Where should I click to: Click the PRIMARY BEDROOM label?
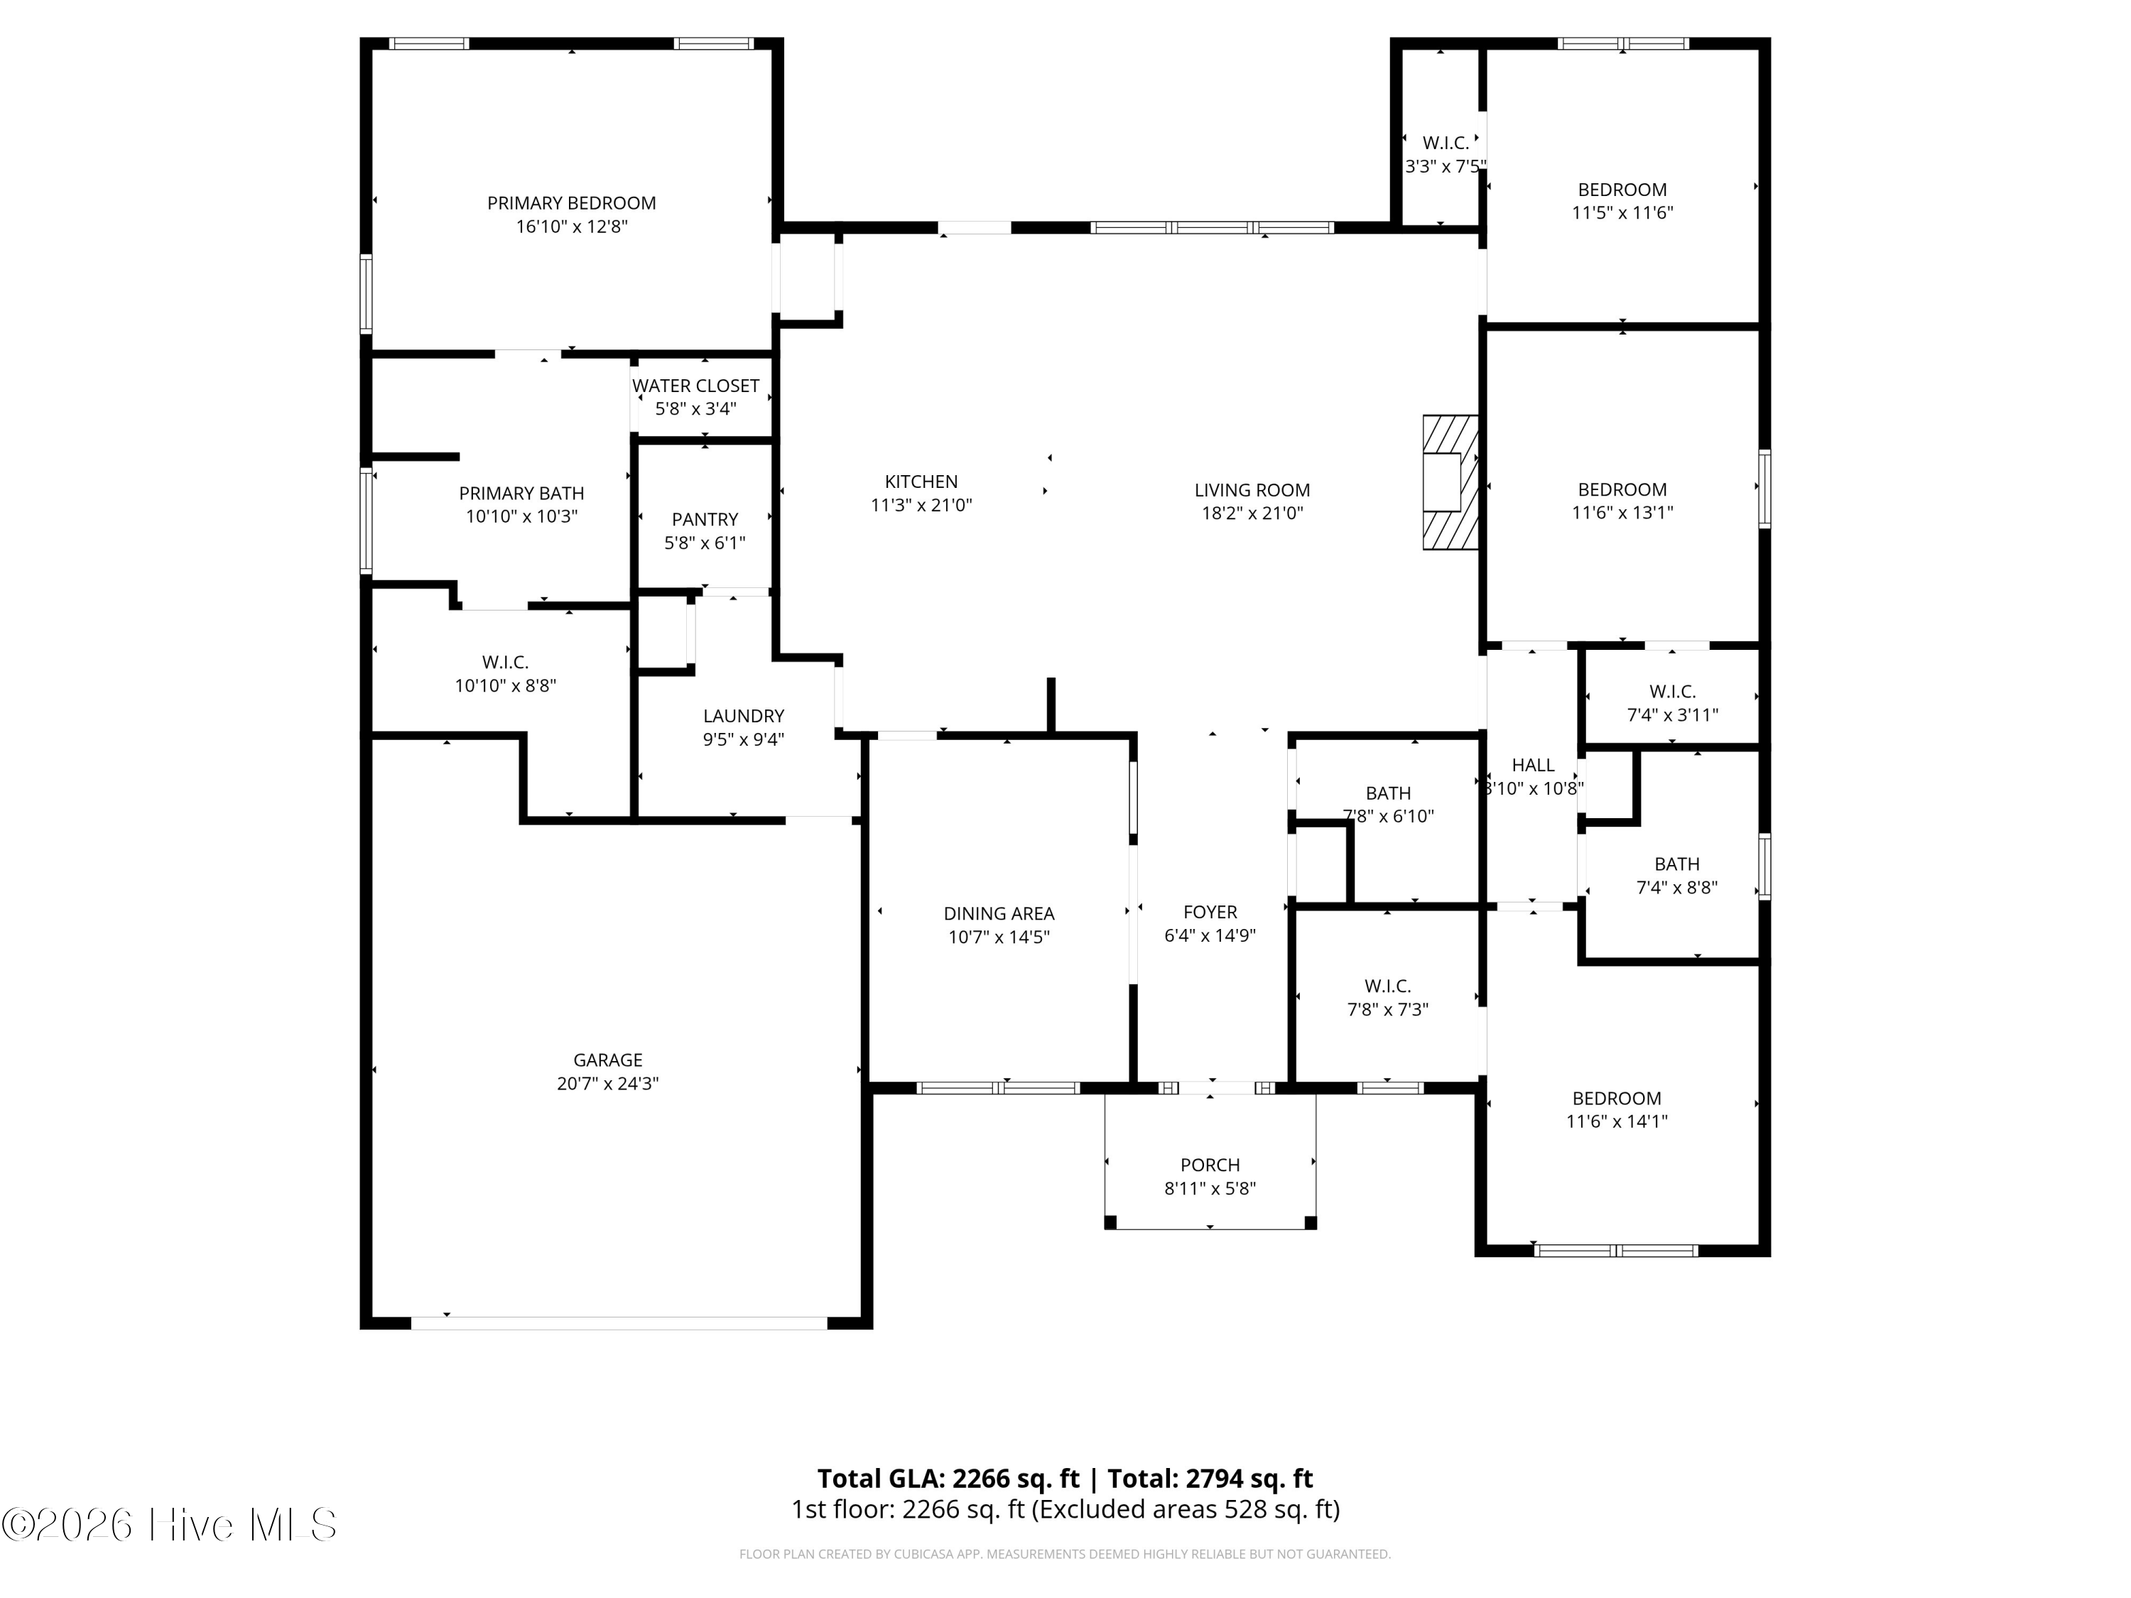click(571, 203)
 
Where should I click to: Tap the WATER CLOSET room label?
click(695, 385)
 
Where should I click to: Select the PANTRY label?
click(705, 519)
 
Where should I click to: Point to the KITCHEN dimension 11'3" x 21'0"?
click(922, 505)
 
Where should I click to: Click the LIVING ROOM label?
click(1252, 489)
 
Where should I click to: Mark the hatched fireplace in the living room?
click(1451, 482)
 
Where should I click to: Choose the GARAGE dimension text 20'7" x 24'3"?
click(608, 1082)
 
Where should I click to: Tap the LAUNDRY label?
click(744, 716)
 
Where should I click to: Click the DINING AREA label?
click(999, 913)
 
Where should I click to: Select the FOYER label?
click(1210, 911)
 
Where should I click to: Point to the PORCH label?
click(1210, 1165)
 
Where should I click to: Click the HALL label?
click(1533, 765)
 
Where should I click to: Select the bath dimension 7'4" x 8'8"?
click(1677, 887)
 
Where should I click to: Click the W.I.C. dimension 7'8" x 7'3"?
click(1387, 1009)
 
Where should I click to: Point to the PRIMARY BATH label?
click(521, 493)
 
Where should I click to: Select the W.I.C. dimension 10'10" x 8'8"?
click(506, 686)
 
